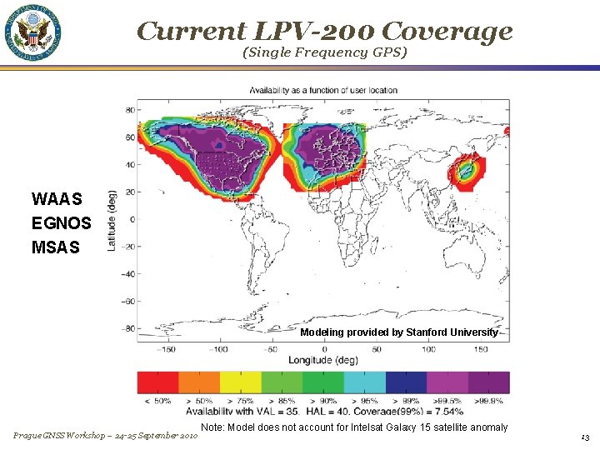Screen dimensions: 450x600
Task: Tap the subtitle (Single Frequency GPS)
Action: [324, 52]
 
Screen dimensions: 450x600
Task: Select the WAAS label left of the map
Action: [57, 199]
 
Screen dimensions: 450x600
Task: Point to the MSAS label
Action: [57, 247]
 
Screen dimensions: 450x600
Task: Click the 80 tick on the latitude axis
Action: [130, 110]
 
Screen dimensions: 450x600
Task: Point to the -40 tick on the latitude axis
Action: [127, 273]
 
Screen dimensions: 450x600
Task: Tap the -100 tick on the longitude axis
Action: [218, 349]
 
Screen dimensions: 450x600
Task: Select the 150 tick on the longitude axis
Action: [481, 349]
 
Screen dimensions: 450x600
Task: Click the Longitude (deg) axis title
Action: [322, 360]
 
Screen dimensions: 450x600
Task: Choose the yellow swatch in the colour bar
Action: [240, 382]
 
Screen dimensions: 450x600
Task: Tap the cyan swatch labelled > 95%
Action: [364, 382]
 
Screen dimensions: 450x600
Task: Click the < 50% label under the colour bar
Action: [157, 401]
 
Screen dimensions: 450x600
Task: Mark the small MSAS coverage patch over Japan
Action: [463, 172]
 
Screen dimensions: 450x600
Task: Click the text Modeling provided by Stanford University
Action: [399, 332]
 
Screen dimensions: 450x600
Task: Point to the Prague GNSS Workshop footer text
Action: [105, 436]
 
